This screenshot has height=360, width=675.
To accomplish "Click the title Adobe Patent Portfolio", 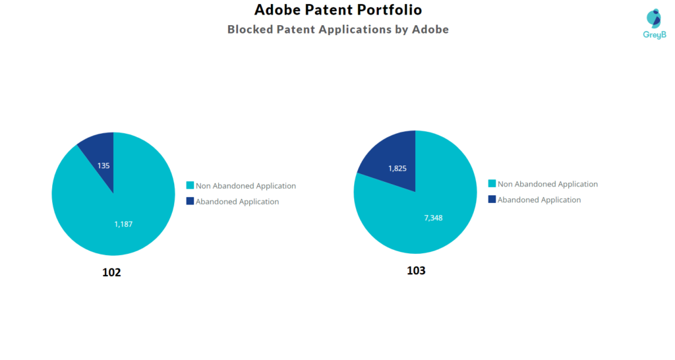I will pyautogui.click(x=337, y=10).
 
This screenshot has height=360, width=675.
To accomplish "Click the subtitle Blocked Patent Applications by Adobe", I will pyautogui.click(x=337, y=30).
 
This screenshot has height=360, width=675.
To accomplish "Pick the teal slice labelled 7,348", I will pyautogui.click(x=435, y=211).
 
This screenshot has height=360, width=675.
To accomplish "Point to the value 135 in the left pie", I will pyautogui.click(x=103, y=165).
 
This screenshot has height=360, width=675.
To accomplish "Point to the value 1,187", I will pyautogui.click(x=123, y=224).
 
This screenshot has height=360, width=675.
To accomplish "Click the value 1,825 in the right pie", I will pyautogui.click(x=397, y=168).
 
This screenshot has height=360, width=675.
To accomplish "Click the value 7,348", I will pyautogui.click(x=433, y=218).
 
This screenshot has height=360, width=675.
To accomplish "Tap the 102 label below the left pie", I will pyautogui.click(x=112, y=272).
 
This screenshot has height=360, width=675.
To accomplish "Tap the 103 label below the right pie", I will pyautogui.click(x=416, y=271).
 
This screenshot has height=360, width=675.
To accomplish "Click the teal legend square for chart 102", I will pyautogui.click(x=190, y=186).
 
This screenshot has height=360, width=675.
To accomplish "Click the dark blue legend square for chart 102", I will pyautogui.click(x=190, y=201).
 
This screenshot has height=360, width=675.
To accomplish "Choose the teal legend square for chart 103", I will pyautogui.click(x=492, y=184).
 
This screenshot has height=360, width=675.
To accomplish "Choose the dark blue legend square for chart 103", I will pyautogui.click(x=492, y=199).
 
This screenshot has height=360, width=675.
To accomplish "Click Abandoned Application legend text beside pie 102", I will pyautogui.click(x=237, y=202).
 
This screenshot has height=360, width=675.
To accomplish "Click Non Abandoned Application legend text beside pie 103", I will pyautogui.click(x=548, y=185).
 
